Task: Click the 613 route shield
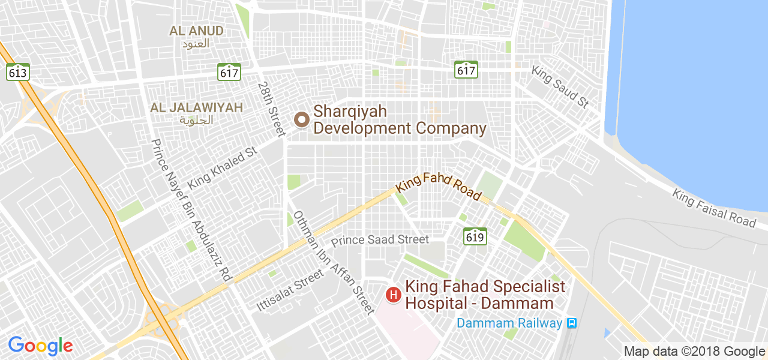[x=18, y=72]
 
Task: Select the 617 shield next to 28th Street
[x=229, y=72]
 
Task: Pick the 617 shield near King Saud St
[x=466, y=70]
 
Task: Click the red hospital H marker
[x=393, y=295]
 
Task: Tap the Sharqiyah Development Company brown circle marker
[x=301, y=120]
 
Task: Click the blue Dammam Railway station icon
[x=572, y=323]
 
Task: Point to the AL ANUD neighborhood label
[x=196, y=31]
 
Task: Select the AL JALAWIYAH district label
[x=196, y=108]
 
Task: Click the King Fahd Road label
[x=439, y=186]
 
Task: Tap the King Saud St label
[x=560, y=87]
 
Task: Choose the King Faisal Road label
[x=714, y=208]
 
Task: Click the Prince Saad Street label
[x=380, y=239]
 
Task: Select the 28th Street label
[x=271, y=109]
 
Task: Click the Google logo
[x=40, y=346]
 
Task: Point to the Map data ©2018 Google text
[x=694, y=352]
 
